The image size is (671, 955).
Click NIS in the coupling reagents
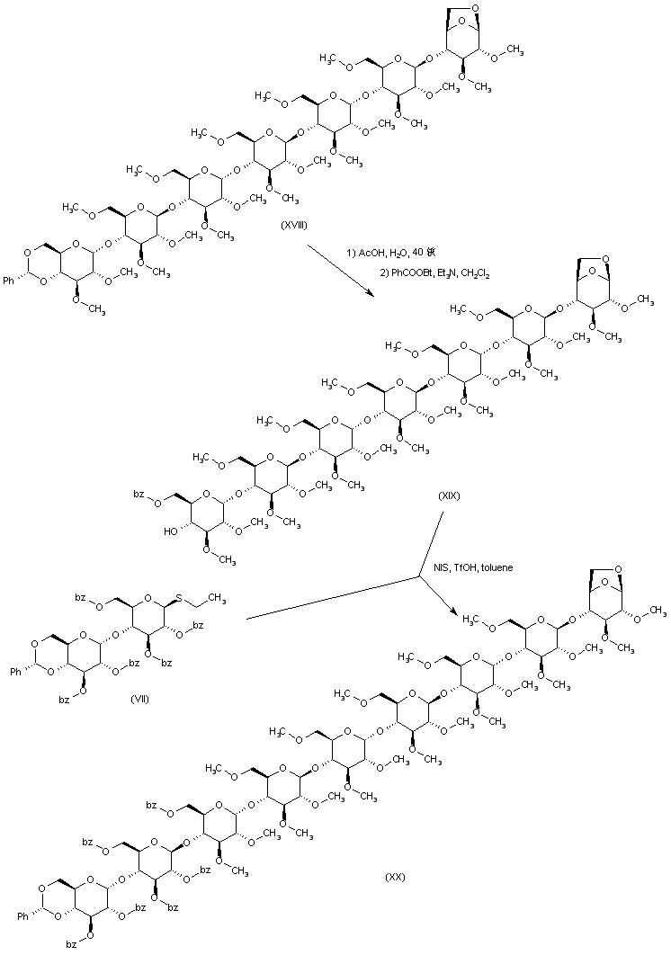coord(441,567)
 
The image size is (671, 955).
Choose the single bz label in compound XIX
coord(139,494)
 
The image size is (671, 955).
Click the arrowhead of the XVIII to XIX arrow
coord(368,292)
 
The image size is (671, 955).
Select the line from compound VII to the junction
coord(333,597)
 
